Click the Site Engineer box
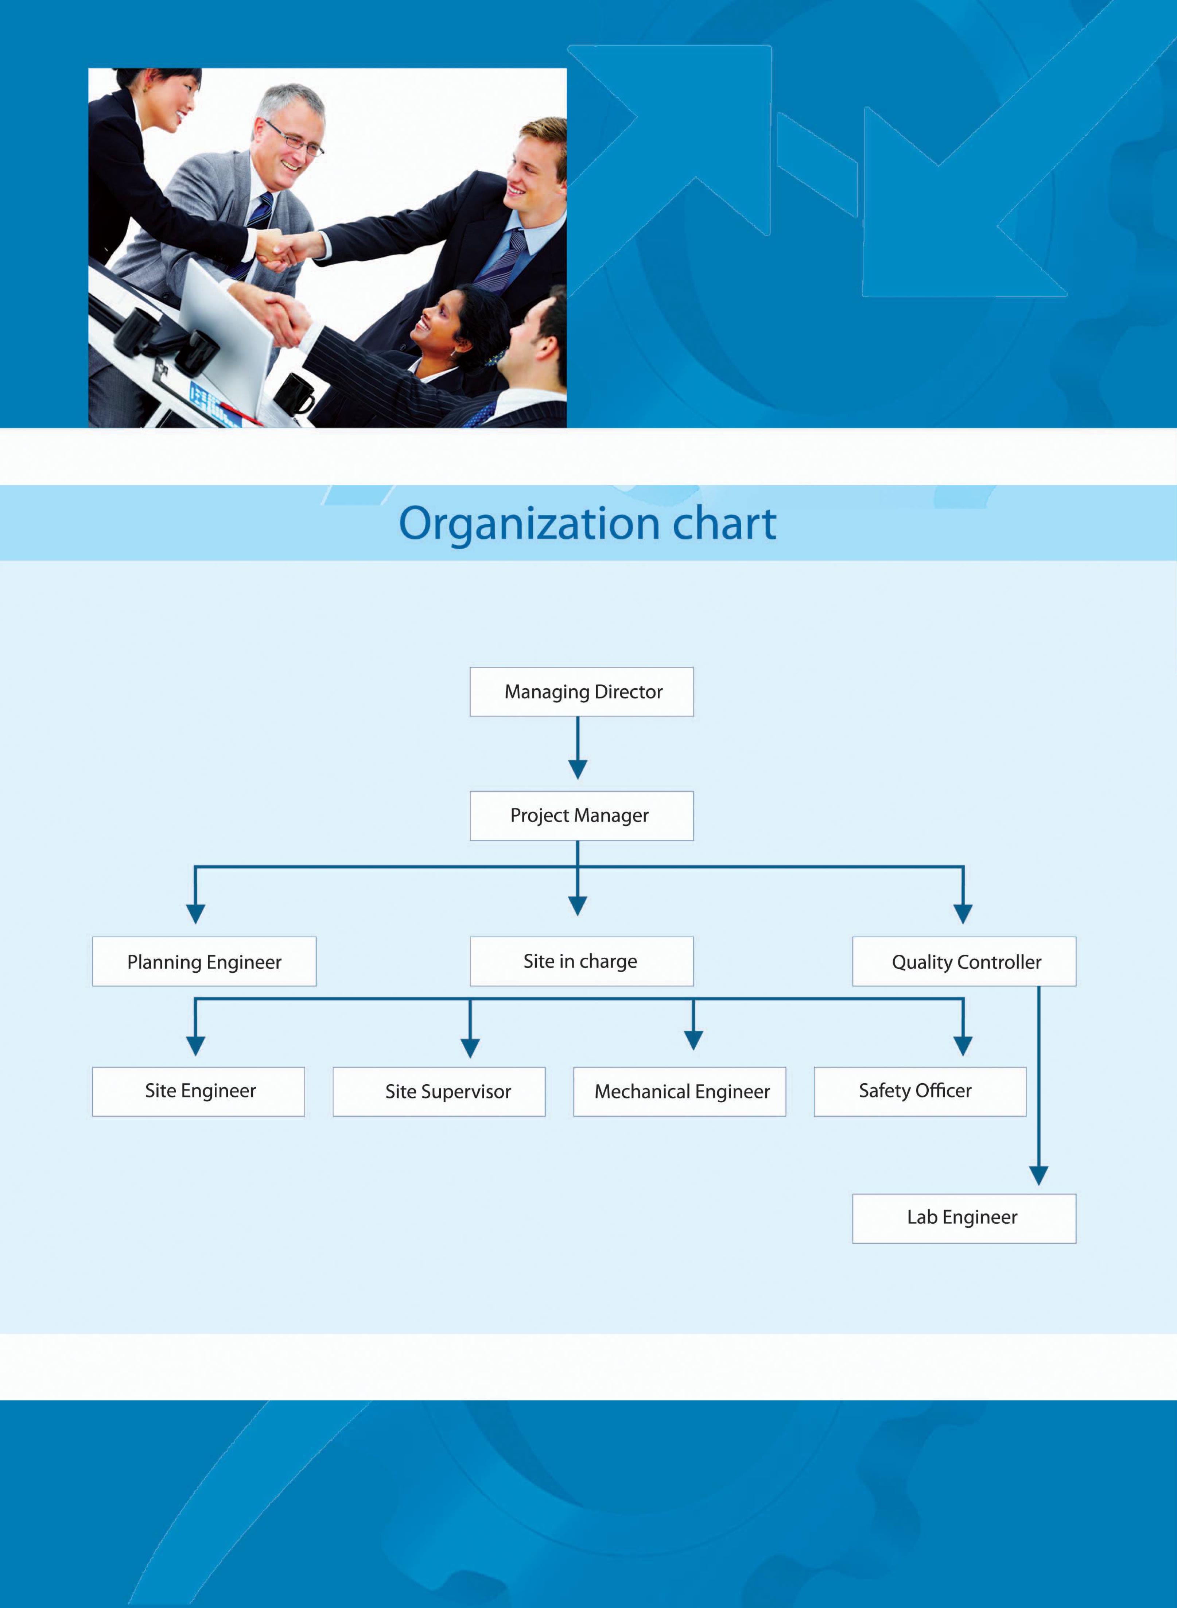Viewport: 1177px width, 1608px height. (199, 1091)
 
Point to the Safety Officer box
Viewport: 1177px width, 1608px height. (920, 1091)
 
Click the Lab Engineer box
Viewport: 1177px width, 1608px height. (964, 1217)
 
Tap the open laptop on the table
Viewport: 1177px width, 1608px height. (226, 335)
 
